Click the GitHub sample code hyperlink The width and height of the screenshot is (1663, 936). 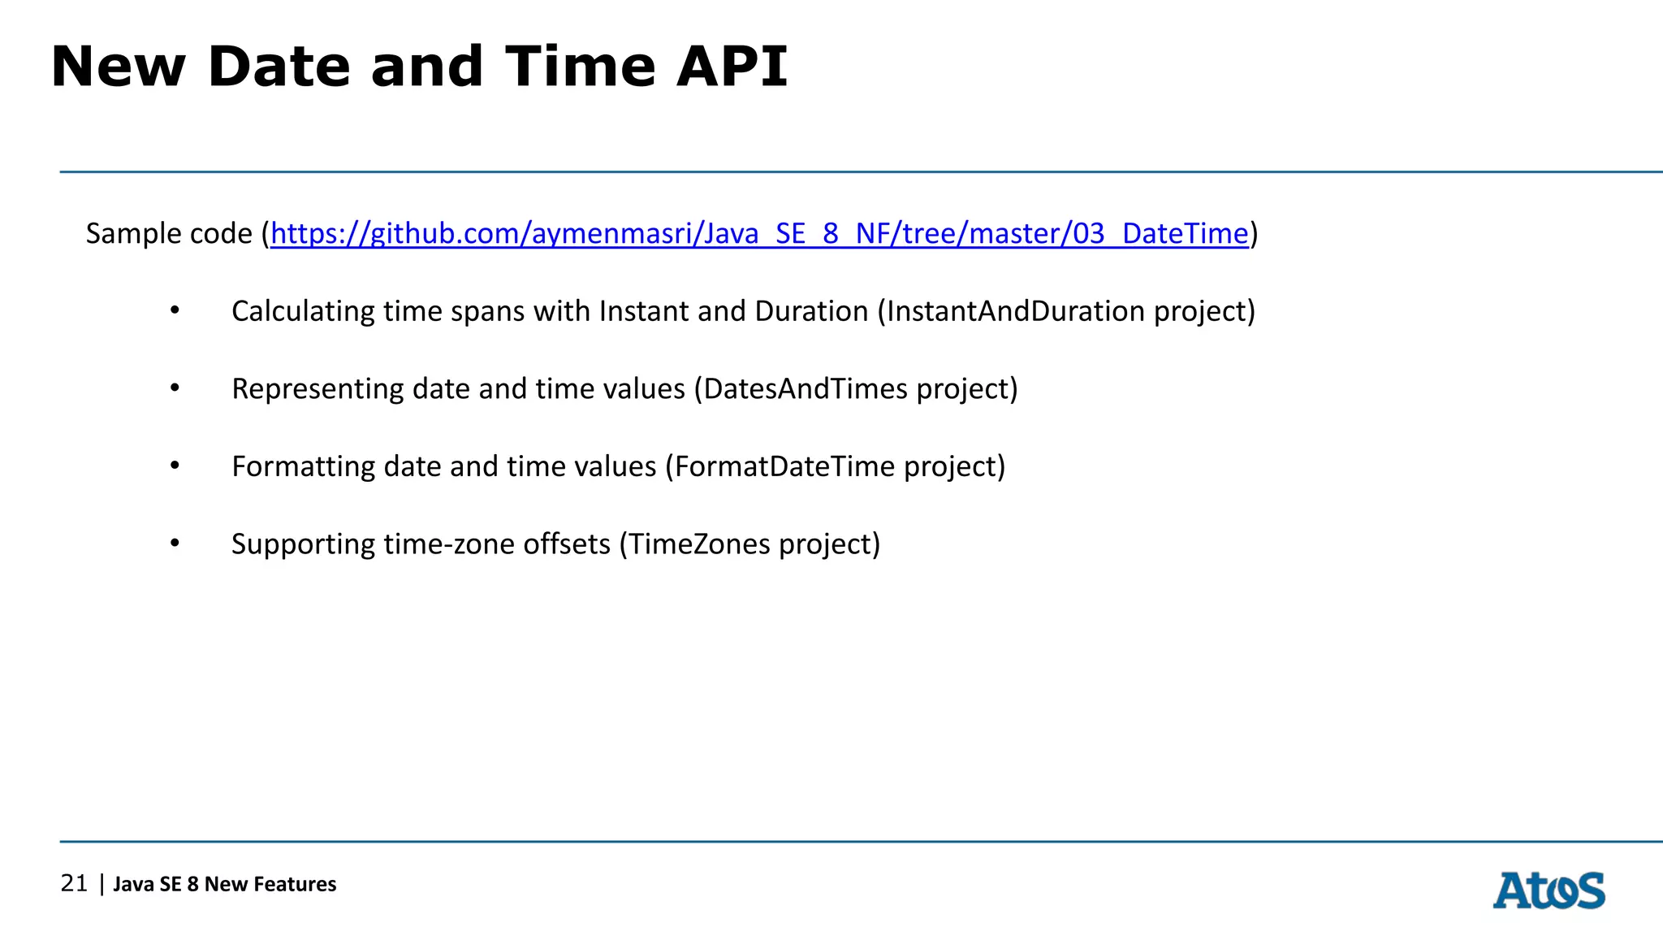click(759, 234)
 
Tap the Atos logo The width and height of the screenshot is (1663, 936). click(1549, 890)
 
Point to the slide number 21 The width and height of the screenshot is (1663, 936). click(74, 883)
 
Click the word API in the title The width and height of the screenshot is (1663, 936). click(732, 67)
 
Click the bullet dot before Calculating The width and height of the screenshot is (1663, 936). click(175, 311)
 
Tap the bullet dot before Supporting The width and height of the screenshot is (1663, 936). click(175, 544)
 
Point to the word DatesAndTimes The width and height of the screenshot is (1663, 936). click(806, 389)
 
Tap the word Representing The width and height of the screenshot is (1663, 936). click(317, 389)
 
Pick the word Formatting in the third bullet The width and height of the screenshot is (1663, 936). click(303, 467)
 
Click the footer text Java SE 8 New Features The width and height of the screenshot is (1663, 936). click(224, 884)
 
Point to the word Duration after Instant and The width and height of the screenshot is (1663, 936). click(811, 312)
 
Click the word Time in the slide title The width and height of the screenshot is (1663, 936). click(580, 67)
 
